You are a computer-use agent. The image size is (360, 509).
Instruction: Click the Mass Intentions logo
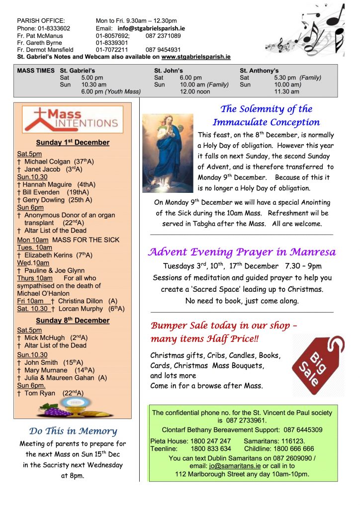click(x=73, y=119)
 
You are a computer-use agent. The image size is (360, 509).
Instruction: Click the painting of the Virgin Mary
click(x=168, y=153)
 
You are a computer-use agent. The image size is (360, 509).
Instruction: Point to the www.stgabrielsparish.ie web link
click(x=196, y=57)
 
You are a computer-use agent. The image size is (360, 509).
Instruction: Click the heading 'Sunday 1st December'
click(x=73, y=143)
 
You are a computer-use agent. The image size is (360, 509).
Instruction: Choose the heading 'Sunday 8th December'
click(x=73, y=321)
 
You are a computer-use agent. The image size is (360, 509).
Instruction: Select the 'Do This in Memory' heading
click(x=73, y=431)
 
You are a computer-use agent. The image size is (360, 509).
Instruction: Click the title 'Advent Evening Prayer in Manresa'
click(x=242, y=252)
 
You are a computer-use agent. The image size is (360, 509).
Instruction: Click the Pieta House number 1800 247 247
click(x=211, y=441)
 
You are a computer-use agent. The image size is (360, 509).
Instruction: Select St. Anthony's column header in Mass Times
click(x=259, y=71)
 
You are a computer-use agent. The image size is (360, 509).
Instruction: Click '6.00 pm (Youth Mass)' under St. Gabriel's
click(x=111, y=91)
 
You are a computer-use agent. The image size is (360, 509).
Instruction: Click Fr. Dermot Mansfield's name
click(x=45, y=50)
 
